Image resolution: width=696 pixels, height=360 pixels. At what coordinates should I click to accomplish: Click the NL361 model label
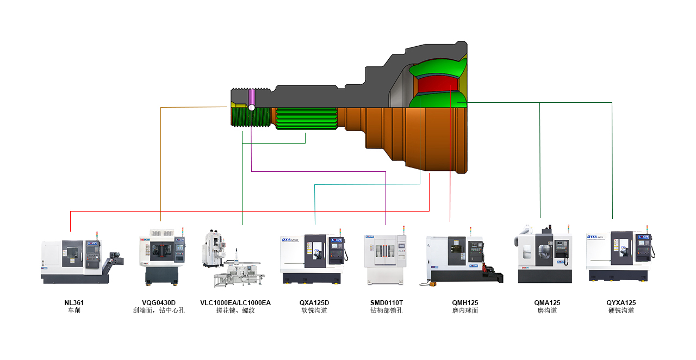74,302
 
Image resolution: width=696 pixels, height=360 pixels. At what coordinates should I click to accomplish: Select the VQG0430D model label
159,302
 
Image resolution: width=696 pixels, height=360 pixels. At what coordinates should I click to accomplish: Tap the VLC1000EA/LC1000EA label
235,302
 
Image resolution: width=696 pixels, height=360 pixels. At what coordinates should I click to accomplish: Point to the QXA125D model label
314,302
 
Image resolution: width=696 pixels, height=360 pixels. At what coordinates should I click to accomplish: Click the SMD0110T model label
387,302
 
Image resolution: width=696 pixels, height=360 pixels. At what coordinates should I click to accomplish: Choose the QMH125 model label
465,302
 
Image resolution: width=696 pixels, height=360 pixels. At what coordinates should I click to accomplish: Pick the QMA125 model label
547,302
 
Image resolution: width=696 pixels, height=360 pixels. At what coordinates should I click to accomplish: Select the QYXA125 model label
621,302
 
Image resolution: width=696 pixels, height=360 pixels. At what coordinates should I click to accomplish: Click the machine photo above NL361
82,258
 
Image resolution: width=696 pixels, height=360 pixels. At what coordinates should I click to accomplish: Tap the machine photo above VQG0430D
162,257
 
